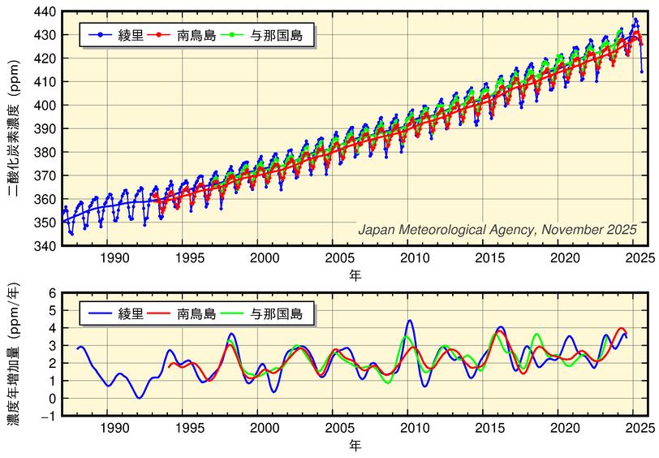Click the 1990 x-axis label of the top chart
[114, 257]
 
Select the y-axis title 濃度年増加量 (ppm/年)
[14, 354]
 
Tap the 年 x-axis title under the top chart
[355, 275]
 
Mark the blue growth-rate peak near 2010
[410, 321]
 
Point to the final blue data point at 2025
[641, 71]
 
